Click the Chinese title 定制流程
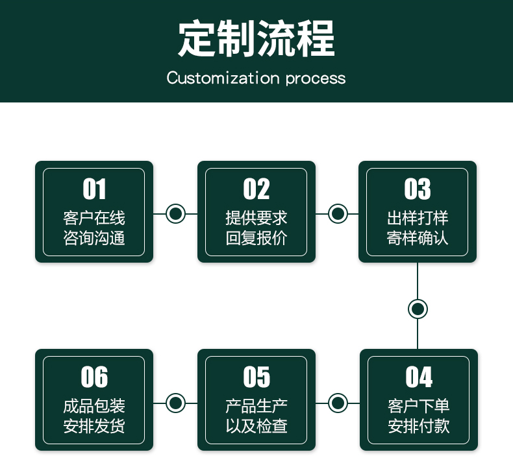click(x=256, y=38)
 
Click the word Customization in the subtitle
click(x=223, y=78)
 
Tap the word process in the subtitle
click(x=316, y=79)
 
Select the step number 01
click(x=94, y=189)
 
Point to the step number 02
click(x=256, y=189)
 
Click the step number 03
click(x=418, y=189)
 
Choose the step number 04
click(x=419, y=377)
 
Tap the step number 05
click(x=256, y=377)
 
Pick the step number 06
click(x=94, y=377)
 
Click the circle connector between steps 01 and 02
click(x=176, y=213)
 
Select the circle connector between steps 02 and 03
click(x=338, y=213)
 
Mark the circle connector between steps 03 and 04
click(x=418, y=309)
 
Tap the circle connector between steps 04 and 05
click(x=338, y=403)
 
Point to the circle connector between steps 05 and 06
click(x=176, y=403)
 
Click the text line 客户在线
click(x=94, y=218)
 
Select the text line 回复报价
click(x=256, y=238)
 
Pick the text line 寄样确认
click(x=418, y=238)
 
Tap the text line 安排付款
click(x=419, y=426)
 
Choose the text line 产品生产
click(x=256, y=406)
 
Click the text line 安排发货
click(x=94, y=426)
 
